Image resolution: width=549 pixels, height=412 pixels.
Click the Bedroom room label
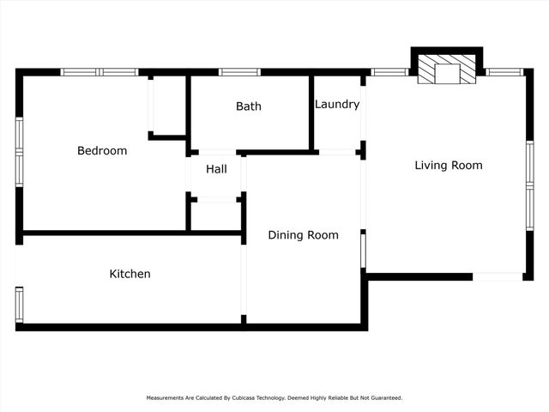102,151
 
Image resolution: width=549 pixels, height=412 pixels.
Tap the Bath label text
249,106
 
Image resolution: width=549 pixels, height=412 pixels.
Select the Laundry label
336,105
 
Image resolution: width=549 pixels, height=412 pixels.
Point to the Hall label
216,169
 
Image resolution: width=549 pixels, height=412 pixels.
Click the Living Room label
449,166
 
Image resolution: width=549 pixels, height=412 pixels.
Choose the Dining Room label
303,235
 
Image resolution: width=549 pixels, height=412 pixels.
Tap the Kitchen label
130,274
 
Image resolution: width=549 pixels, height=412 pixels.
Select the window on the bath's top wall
239,72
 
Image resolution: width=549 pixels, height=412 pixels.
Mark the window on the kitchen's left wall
19,304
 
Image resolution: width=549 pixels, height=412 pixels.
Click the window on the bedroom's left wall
19,152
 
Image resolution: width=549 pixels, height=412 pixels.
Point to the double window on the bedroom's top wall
100,72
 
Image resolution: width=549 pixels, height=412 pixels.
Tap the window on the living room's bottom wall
498,276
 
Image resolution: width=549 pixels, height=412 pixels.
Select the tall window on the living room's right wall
529,185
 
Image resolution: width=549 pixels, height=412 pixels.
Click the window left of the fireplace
389,72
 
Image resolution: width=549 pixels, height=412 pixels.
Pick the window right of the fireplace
504,72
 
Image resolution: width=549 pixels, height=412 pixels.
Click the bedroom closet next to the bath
169,106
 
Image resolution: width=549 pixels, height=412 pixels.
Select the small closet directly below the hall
215,215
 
